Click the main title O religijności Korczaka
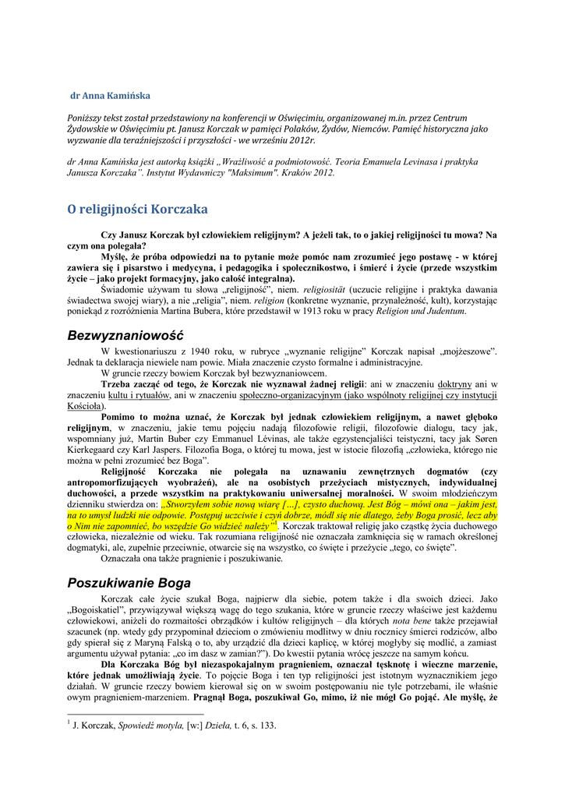point(137,209)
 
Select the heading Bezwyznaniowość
point(125,335)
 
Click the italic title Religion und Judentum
point(422,311)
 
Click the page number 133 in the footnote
point(267,726)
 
